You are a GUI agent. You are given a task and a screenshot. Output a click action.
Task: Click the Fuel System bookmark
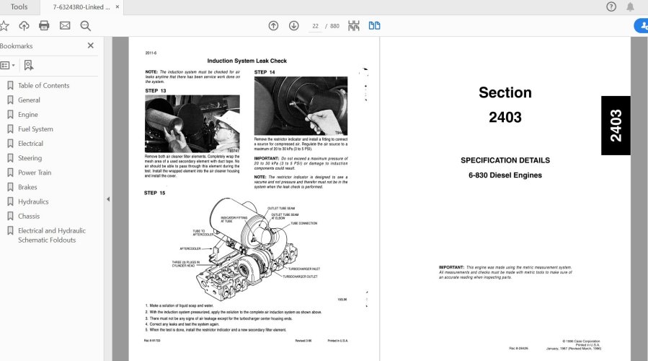click(x=35, y=129)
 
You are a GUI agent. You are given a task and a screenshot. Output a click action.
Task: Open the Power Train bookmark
click(x=35, y=173)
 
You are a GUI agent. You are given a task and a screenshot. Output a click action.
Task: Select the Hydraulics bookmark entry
click(x=33, y=201)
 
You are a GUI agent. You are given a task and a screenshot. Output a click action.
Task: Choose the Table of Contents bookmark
click(x=43, y=85)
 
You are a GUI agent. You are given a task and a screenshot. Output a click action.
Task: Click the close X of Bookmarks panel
click(x=91, y=45)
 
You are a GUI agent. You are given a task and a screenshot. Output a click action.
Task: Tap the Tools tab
click(x=19, y=7)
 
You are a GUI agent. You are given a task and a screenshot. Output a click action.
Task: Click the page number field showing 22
click(x=315, y=26)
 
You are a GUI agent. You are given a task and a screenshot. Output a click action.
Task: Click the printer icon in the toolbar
click(x=44, y=26)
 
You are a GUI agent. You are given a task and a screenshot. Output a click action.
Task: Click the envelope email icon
click(x=65, y=26)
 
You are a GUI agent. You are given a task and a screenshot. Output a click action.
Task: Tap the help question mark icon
click(x=611, y=7)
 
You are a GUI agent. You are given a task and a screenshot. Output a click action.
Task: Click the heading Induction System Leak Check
click(x=247, y=61)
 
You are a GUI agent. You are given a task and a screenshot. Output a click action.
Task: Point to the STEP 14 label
click(x=265, y=72)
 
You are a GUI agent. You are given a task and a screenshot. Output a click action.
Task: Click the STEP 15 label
click(x=155, y=193)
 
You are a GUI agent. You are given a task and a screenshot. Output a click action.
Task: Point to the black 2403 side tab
click(x=616, y=126)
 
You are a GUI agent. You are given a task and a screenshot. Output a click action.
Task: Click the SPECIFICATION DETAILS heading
click(x=505, y=160)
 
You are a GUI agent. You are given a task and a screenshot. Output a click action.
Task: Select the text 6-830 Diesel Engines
click(x=505, y=175)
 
